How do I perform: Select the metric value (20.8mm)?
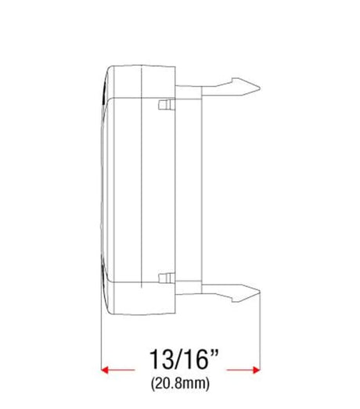180,385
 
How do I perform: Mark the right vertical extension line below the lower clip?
259,336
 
